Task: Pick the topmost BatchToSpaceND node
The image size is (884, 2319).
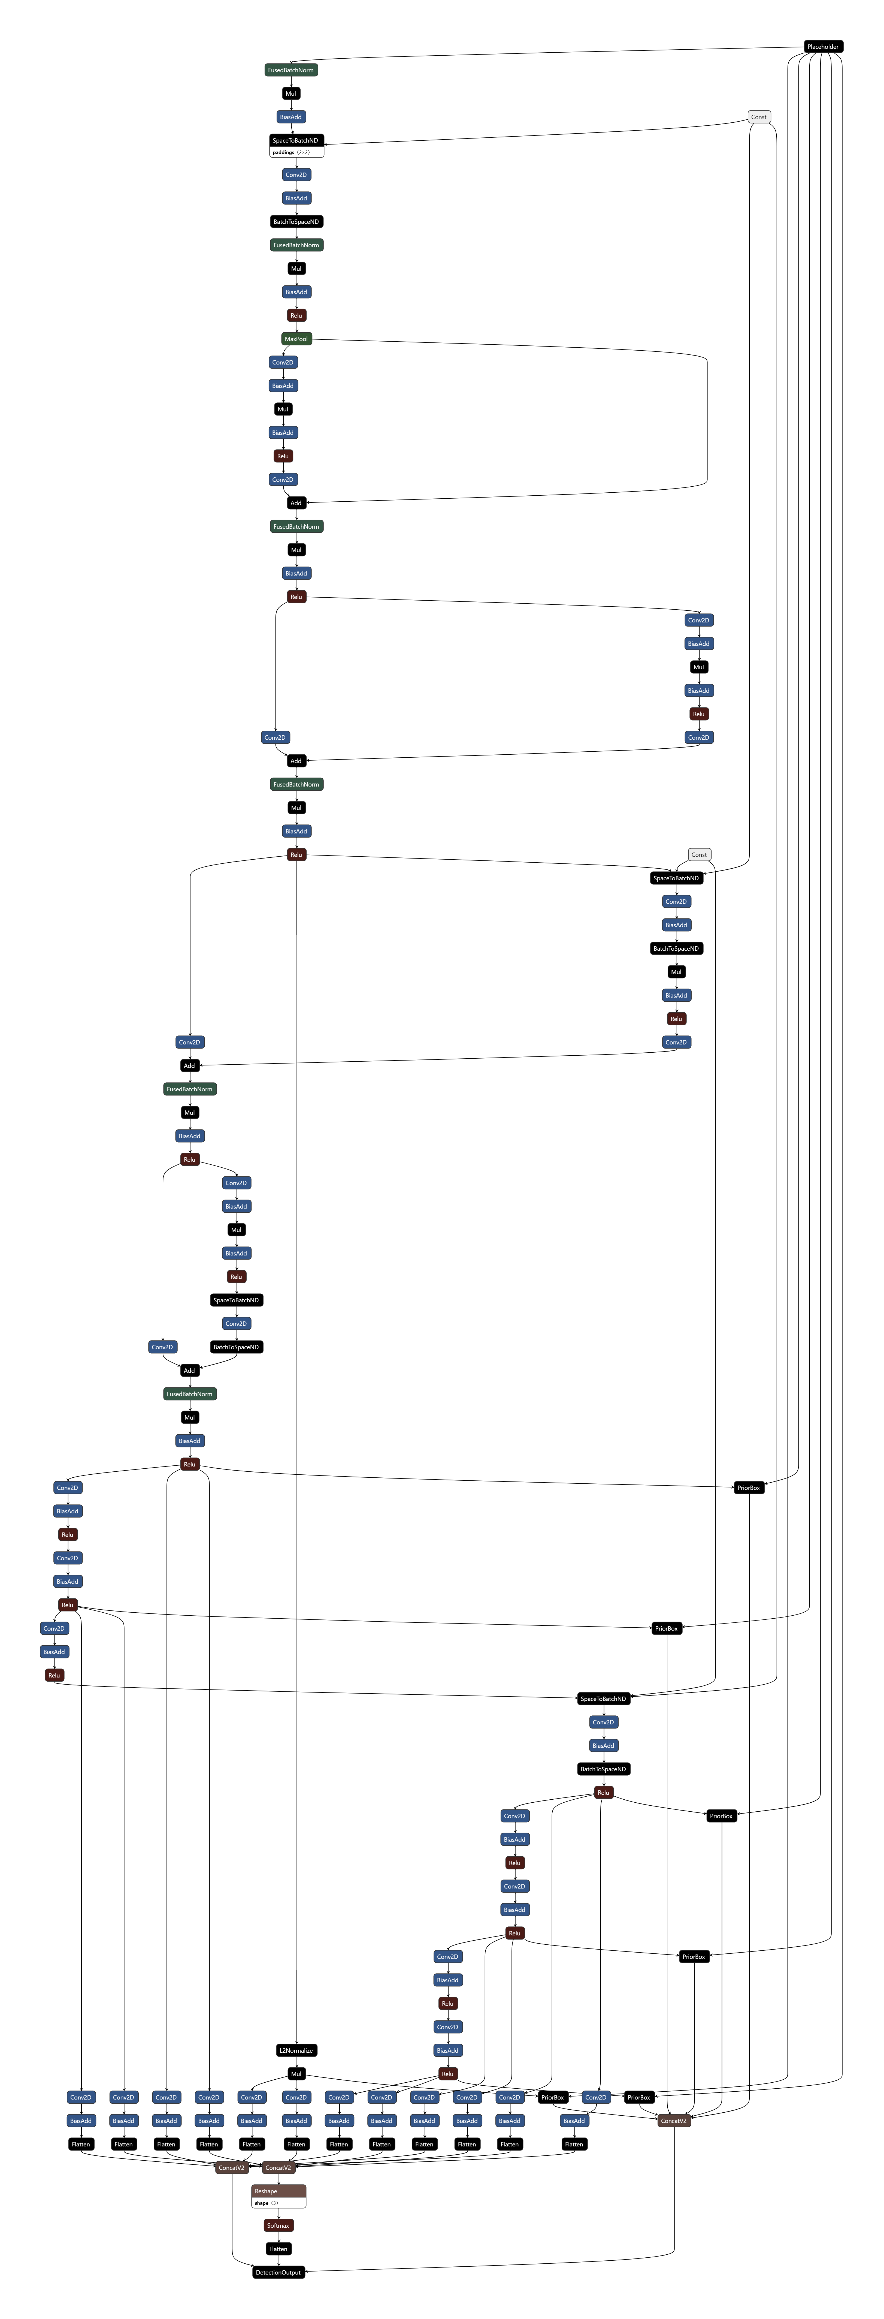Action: pyautogui.click(x=296, y=221)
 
